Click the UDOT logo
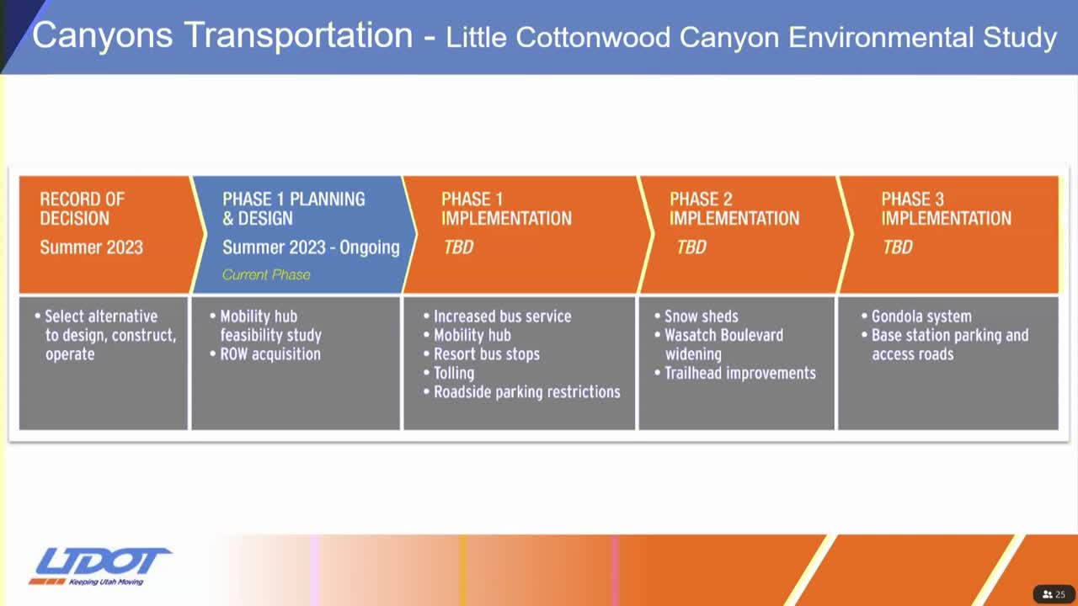click(x=99, y=561)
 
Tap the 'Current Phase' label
click(x=266, y=274)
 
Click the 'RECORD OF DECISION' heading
click(x=82, y=209)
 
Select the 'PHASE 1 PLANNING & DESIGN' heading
click(x=293, y=209)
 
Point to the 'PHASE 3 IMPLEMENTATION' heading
click(x=946, y=209)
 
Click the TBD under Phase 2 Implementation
click(x=691, y=247)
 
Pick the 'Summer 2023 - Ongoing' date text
click(x=311, y=247)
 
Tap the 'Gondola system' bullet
click(x=921, y=316)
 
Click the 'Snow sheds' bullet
click(x=701, y=316)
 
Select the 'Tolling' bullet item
click(x=453, y=373)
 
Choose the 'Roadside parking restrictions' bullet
click(x=526, y=392)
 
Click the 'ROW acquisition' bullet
click(x=269, y=354)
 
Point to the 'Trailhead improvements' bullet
click(x=739, y=373)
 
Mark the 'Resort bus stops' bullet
click(x=486, y=354)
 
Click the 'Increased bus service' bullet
click(x=502, y=316)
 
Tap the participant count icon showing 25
click(x=1054, y=594)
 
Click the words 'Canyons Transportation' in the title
click(x=222, y=35)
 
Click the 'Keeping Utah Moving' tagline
click(x=106, y=582)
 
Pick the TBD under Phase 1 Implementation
click(x=458, y=247)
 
